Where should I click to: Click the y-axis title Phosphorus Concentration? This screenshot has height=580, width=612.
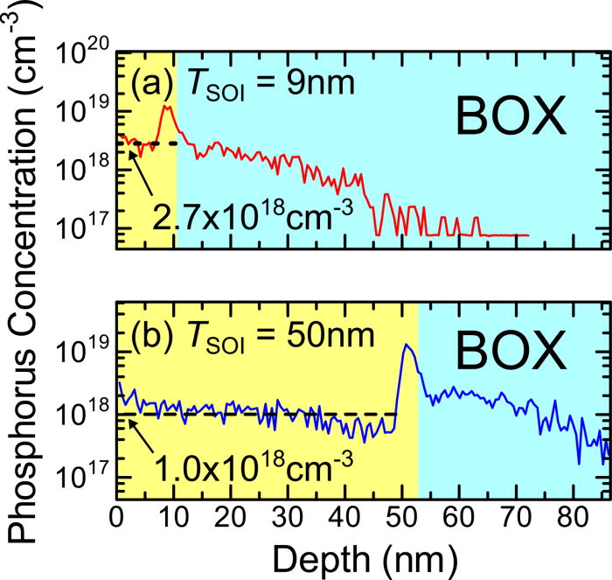pyautogui.click(x=24, y=262)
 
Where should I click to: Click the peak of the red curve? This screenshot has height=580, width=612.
pyautogui.click(x=165, y=107)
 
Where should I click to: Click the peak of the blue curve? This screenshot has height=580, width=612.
pyautogui.click(x=405, y=345)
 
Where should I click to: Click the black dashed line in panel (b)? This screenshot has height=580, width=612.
pyautogui.click(x=262, y=414)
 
